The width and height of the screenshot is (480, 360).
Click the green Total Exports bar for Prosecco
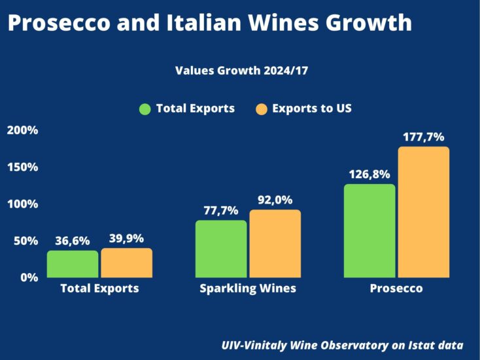[x=369, y=230]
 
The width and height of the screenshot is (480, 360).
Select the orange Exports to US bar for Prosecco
[x=424, y=212]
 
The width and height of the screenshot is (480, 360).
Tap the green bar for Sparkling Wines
[x=221, y=249]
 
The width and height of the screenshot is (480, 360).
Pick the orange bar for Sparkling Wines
[x=275, y=243]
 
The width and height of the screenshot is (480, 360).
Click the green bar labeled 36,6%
[x=73, y=264]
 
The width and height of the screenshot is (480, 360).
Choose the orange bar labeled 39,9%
[x=126, y=262]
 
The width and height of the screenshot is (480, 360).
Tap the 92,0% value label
[x=275, y=200]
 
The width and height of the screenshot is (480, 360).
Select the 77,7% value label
[x=221, y=211]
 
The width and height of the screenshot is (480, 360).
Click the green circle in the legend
[x=145, y=109]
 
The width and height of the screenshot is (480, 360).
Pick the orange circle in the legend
[x=261, y=109]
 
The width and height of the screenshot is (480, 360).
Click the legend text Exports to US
[x=312, y=109]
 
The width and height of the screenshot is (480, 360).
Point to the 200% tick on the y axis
[x=22, y=130]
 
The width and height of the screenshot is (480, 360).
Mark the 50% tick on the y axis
[x=26, y=241]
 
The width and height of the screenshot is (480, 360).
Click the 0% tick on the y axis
[x=29, y=278]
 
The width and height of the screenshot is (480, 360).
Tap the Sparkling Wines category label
[x=248, y=289]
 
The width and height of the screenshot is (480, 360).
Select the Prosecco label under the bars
[x=396, y=289]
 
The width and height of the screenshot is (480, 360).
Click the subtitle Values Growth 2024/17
[x=241, y=71]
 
